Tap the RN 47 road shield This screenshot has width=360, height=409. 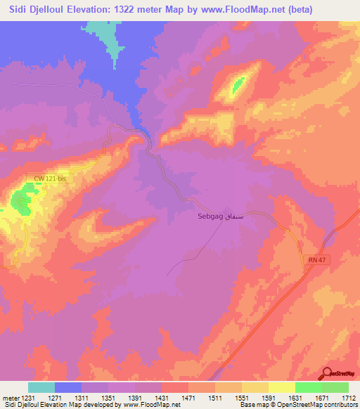pyautogui.click(x=316, y=260)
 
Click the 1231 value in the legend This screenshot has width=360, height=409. pyautogui.click(x=27, y=398)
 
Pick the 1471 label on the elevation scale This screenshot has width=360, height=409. pyautogui.click(x=188, y=398)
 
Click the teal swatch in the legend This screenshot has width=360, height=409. pyautogui.click(x=41, y=387)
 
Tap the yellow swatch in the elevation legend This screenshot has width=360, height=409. pyautogui.click(x=282, y=387)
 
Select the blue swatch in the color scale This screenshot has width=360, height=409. pyautogui.click(x=68, y=387)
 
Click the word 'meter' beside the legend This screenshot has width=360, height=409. pyautogui.click(x=9, y=398)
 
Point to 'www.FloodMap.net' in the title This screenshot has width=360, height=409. pyautogui.click(x=236, y=10)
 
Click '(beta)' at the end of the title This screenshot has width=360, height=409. pyautogui.click(x=295, y=10)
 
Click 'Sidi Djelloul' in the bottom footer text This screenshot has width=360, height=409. pyautogui.click(x=19, y=405)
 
